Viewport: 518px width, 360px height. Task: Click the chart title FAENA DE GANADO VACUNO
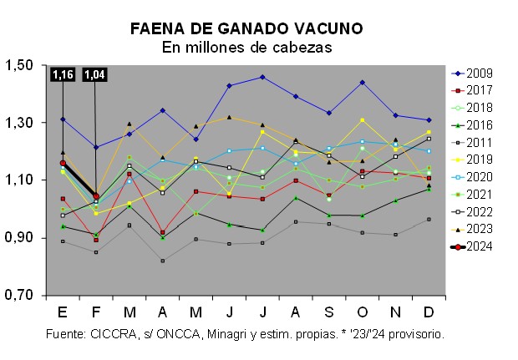pos(246,28)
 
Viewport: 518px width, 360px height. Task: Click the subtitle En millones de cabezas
pos(246,48)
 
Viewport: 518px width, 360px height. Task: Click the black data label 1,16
pos(63,75)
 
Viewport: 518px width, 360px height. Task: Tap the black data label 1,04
pos(95,75)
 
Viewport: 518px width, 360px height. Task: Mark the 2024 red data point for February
pos(96,197)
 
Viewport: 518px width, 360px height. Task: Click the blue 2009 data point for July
pos(262,77)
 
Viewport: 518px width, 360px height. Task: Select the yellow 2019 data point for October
pos(362,120)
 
